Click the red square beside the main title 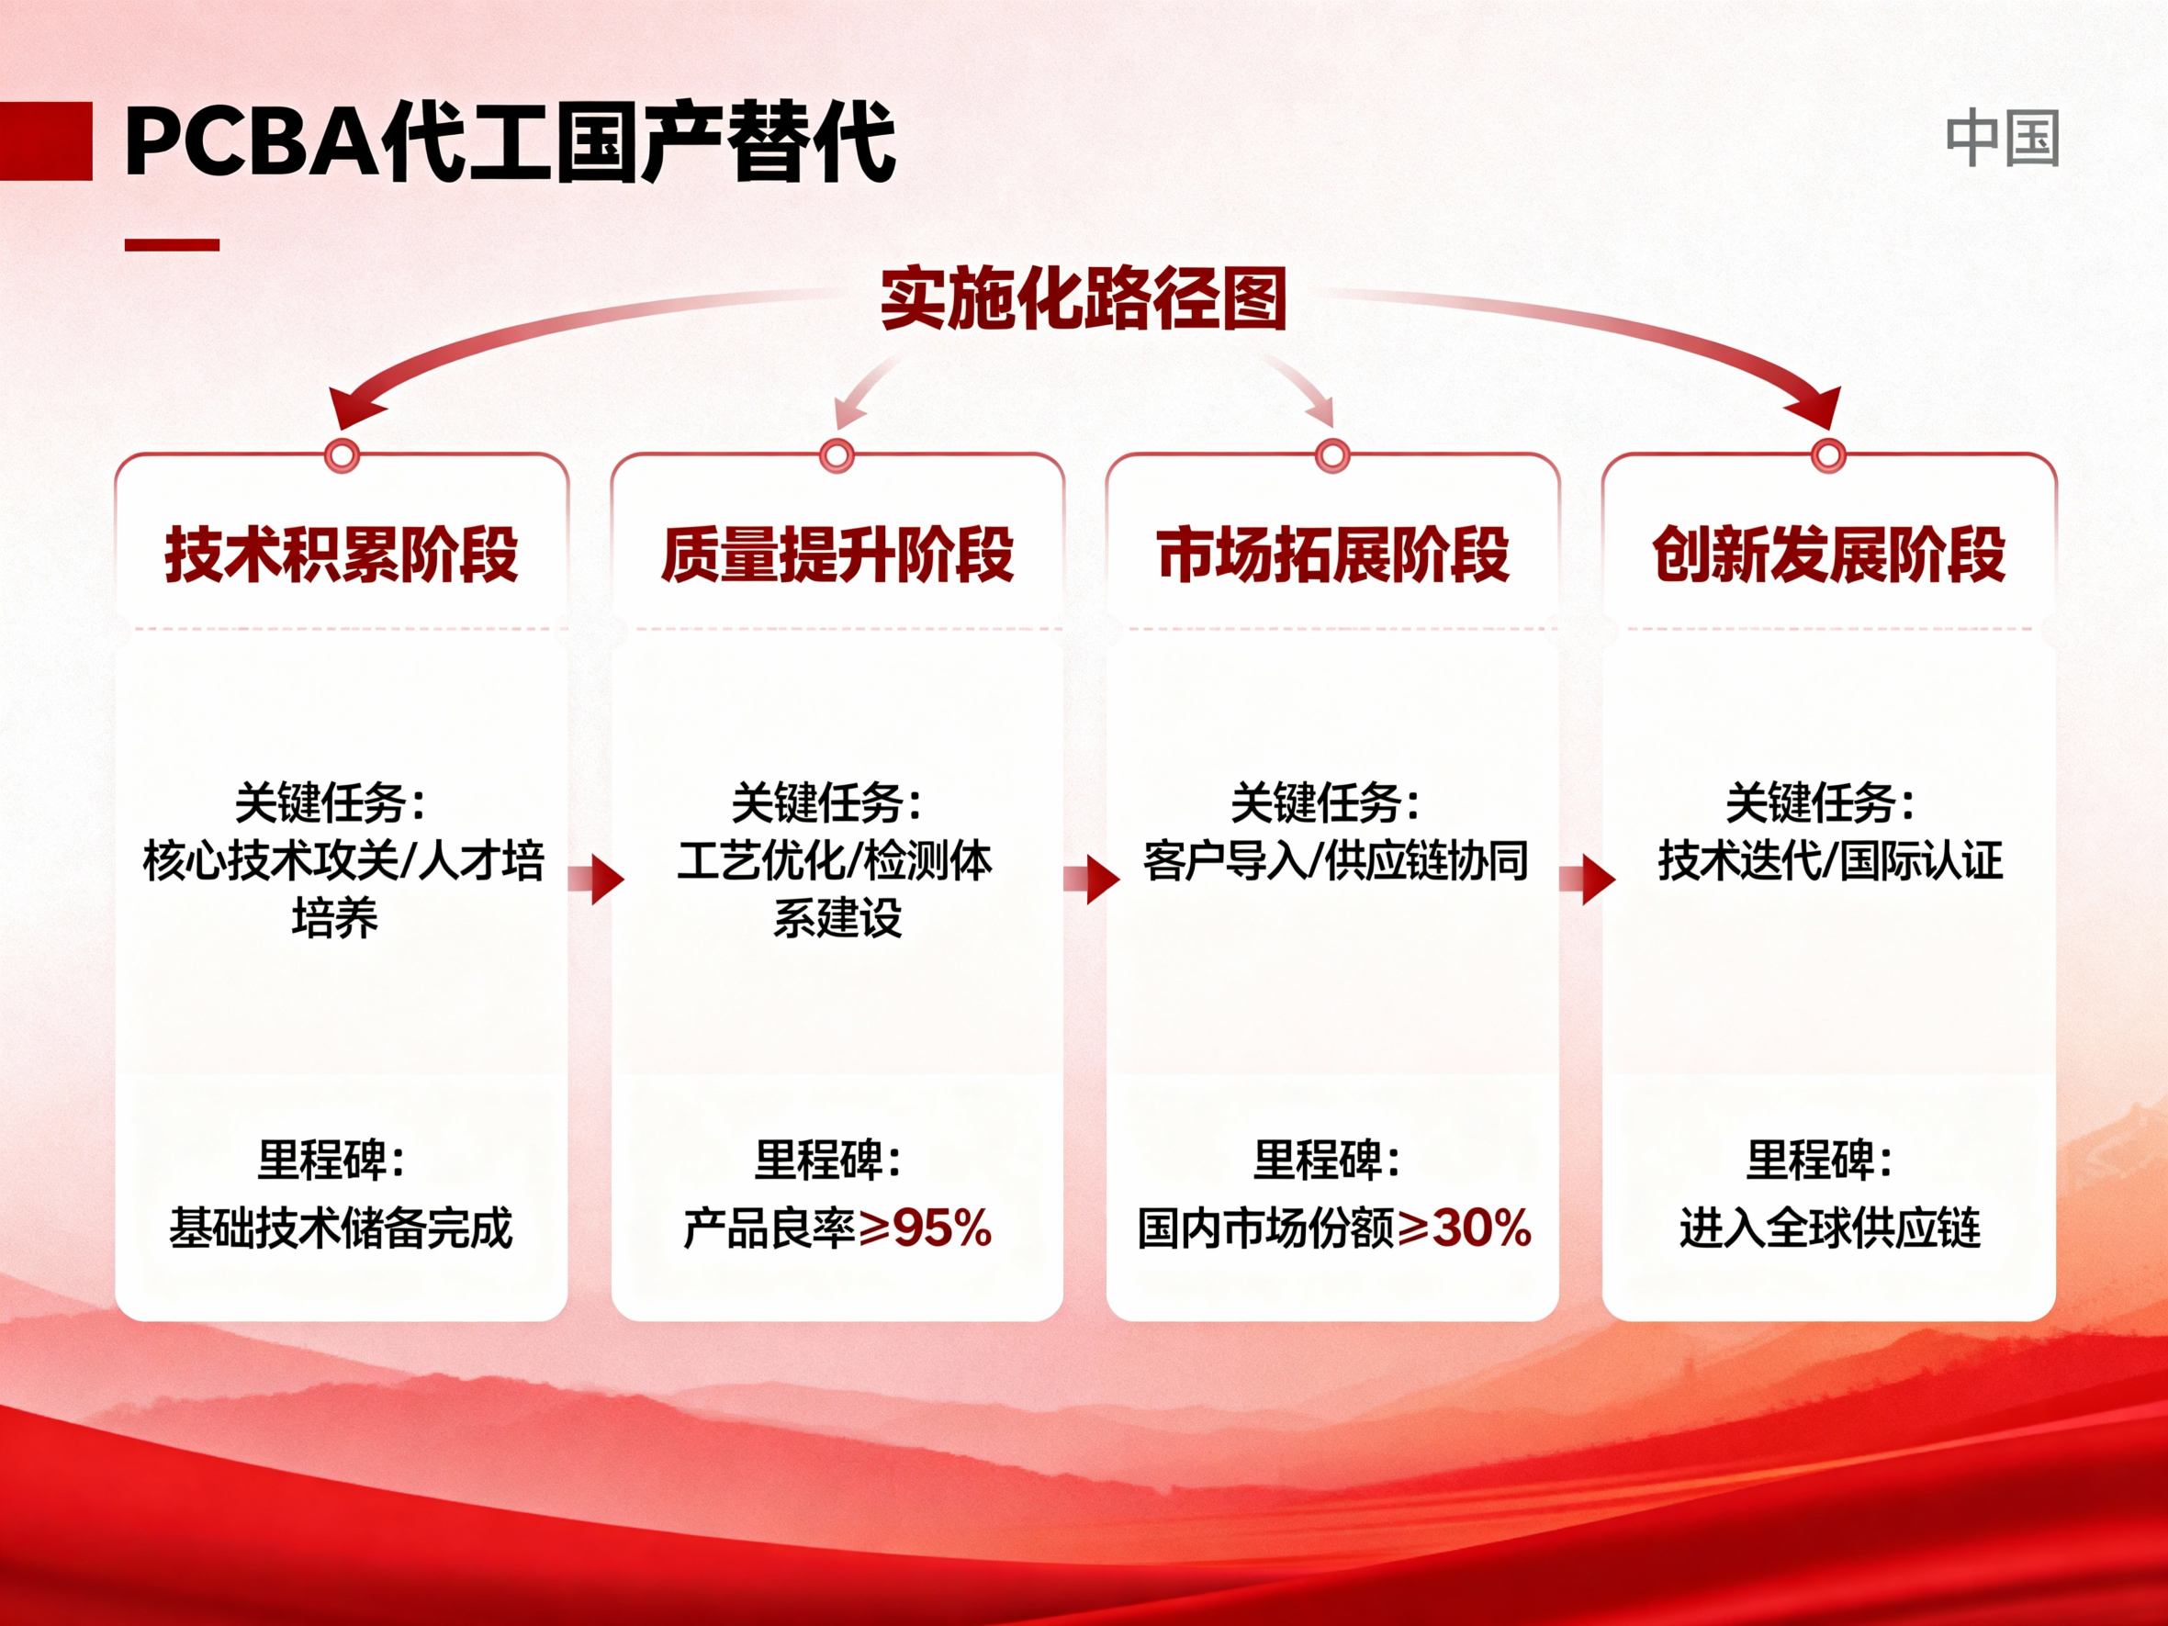click(x=45, y=141)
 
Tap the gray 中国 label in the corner click(x=2002, y=140)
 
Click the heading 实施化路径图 click(x=1083, y=299)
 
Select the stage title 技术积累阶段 click(x=341, y=555)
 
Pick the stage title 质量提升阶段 click(x=837, y=555)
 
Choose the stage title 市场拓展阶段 click(x=1332, y=555)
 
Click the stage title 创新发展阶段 click(x=1828, y=555)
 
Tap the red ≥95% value click(x=926, y=1228)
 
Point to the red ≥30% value click(x=1465, y=1228)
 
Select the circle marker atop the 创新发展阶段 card click(x=1828, y=455)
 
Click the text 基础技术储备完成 click(x=341, y=1228)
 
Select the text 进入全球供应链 click(x=1830, y=1228)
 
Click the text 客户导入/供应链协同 click(x=1335, y=861)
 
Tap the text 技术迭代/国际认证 click(x=1830, y=861)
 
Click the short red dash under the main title click(x=172, y=245)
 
